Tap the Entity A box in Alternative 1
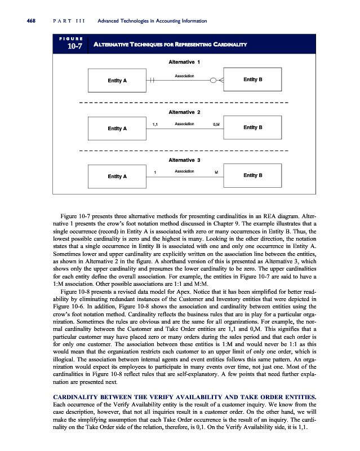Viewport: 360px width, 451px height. [117, 81]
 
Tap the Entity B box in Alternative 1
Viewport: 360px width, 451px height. [252, 80]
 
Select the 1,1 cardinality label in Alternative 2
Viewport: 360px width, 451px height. [155, 123]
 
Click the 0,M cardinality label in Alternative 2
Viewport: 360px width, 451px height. [216, 123]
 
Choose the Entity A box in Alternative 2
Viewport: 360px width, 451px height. [117, 129]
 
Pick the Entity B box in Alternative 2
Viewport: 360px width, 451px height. [252, 127]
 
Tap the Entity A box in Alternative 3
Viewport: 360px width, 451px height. [117, 176]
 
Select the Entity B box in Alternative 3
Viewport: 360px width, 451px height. [252, 175]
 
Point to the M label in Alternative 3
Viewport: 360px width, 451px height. [216, 171]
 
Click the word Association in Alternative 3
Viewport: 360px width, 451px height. [185, 170]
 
